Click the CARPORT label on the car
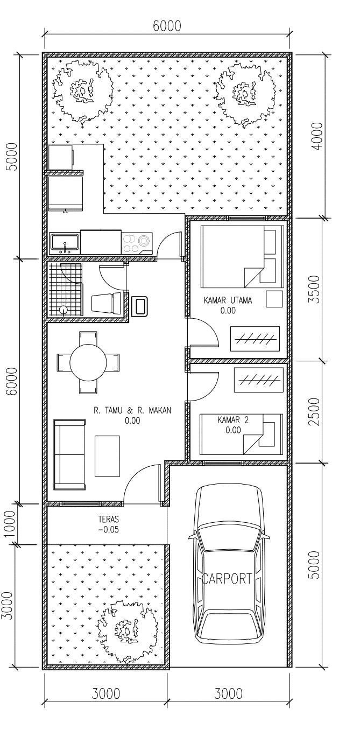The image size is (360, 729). click(x=227, y=579)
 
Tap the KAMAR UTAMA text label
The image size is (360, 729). click(x=228, y=300)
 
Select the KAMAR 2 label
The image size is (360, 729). click(x=233, y=420)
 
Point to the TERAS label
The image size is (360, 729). click(x=109, y=519)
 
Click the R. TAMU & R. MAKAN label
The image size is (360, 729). click(x=132, y=410)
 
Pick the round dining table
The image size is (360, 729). click(x=88, y=362)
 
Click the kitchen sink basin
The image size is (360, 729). click(x=65, y=243)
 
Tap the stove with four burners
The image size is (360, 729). click(x=137, y=243)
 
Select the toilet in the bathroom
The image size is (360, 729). click(x=107, y=303)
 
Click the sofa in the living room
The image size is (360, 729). click(x=70, y=454)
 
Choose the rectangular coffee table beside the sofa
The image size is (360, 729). click(x=107, y=456)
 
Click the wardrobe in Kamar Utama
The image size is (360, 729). click(x=255, y=339)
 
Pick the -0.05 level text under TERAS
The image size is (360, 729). click(x=108, y=529)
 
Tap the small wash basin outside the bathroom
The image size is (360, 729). click(x=140, y=306)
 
